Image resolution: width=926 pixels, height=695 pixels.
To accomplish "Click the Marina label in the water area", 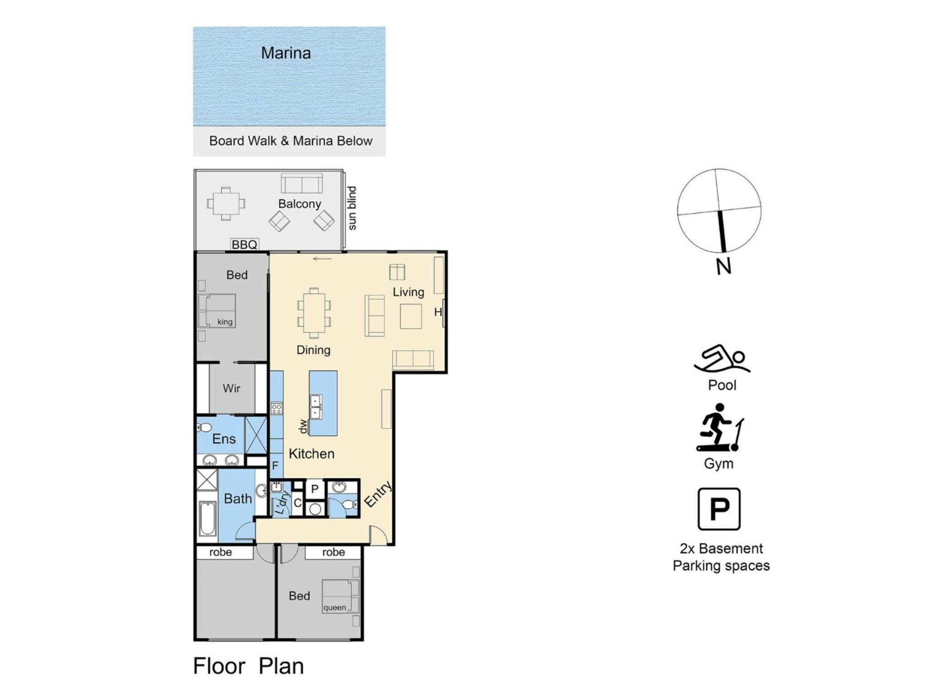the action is (x=286, y=53).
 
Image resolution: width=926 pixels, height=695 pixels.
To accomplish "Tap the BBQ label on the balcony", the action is (x=244, y=245).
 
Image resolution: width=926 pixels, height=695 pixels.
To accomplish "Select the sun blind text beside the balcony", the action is (x=352, y=208).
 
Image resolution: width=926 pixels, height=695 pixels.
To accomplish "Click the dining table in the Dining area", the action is (x=314, y=313).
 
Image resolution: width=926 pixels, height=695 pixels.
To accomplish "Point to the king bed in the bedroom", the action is (x=217, y=310).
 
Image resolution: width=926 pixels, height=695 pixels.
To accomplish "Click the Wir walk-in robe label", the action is (x=231, y=388).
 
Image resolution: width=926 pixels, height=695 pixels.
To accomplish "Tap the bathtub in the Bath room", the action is (x=208, y=519).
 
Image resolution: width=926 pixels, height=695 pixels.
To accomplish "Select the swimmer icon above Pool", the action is (x=722, y=359).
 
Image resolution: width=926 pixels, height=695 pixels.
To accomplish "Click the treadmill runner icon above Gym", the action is (x=720, y=428).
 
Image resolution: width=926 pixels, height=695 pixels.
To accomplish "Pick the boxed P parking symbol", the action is (x=719, y=509).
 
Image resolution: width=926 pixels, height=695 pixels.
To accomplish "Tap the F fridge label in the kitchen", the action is (x=275, y=466).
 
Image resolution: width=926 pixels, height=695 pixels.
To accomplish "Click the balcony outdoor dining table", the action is (x=226, y=204).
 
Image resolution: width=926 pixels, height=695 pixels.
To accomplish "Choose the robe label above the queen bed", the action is (x=334, y=552).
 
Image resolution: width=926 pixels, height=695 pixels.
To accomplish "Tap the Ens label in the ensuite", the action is (x=224, y=438).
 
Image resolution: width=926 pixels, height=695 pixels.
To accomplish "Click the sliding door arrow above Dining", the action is (x=322, y=259).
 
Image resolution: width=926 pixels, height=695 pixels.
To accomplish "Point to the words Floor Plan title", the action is (x=249, y=666).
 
